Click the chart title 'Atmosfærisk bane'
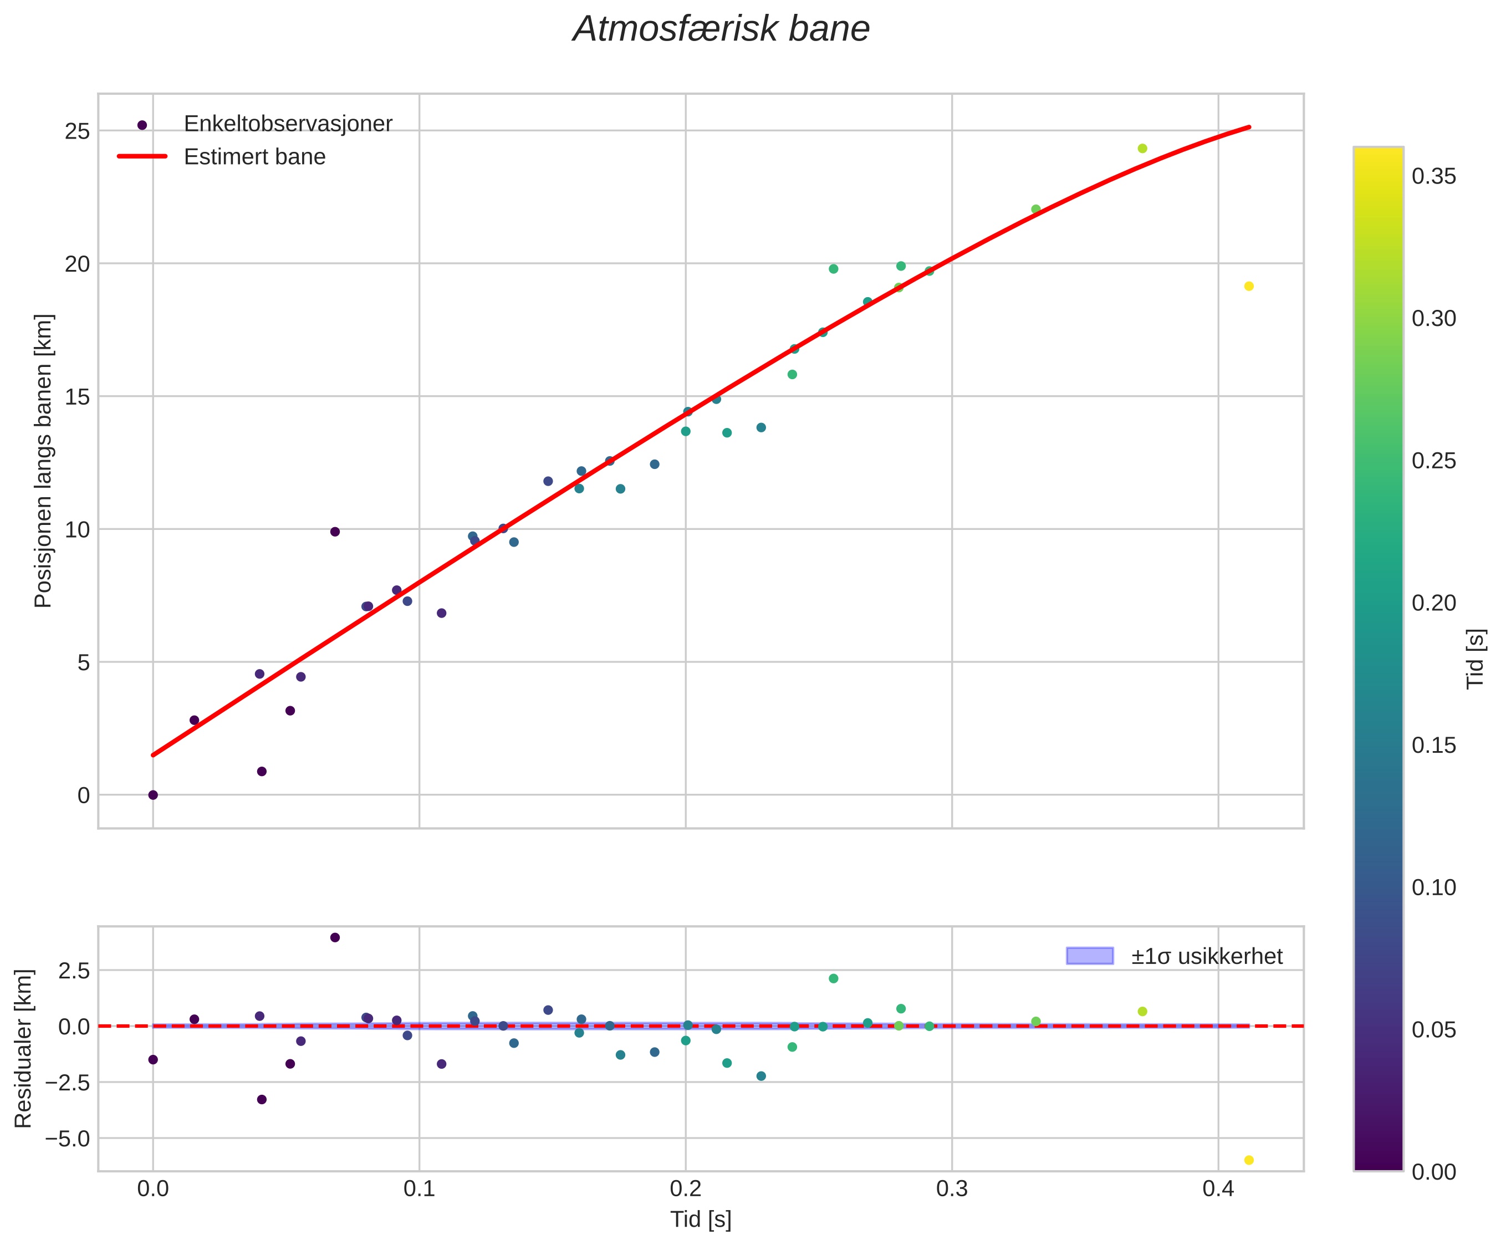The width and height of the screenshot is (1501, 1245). (721, 29)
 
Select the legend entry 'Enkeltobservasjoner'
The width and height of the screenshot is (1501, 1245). (288, 124)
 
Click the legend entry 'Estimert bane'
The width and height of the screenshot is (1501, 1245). (254, 156)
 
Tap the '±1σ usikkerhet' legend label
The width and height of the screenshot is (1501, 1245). (1207, 956)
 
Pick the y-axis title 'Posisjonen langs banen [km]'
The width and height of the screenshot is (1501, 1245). (44, 461)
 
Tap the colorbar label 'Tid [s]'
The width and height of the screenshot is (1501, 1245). (1476, 659)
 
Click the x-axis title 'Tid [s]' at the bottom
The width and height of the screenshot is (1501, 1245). (701, 1220)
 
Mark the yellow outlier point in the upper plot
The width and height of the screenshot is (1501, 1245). (1249, 287)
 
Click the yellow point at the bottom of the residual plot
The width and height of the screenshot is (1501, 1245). (1249, 1160)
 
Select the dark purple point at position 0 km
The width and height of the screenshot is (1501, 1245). (153, 795)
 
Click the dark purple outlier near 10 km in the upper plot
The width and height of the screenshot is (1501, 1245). (334, 532)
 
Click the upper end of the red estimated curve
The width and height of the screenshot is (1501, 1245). (1249, 127)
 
